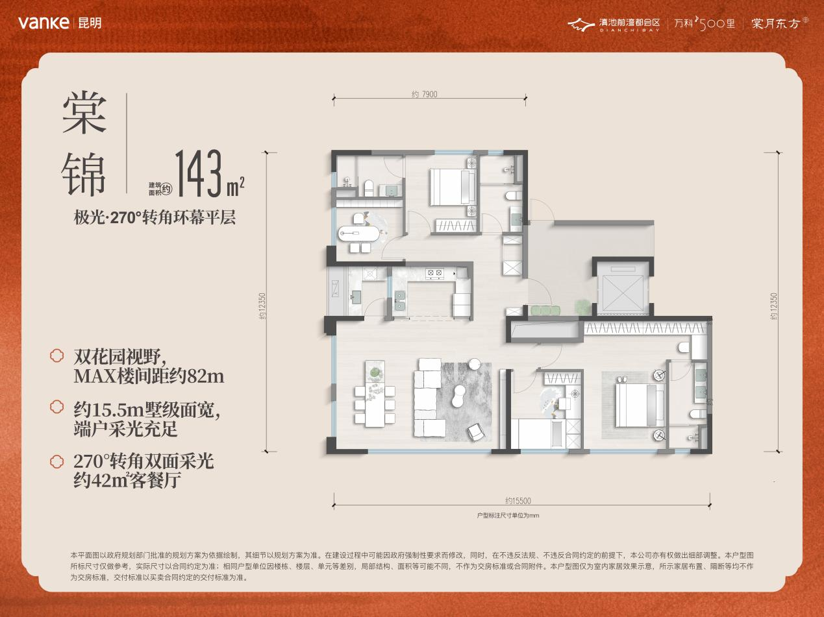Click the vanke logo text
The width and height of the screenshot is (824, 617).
(x=44, y=23)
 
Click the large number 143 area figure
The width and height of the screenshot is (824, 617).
(x=199, y=173)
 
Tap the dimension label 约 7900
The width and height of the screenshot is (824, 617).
(x=425, y=94)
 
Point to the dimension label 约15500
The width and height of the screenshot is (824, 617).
(x=518, y=501)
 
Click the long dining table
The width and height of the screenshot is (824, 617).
(x=375, y=393)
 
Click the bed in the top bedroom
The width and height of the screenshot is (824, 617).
(x=453, y=187)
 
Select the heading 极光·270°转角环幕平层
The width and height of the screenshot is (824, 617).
(x=155, y=217)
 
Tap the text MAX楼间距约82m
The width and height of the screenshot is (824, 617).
(x=149, y=376)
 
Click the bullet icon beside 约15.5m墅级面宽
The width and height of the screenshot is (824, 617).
(x=56, y=407)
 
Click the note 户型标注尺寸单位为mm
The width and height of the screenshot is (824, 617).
(x=508, y=515)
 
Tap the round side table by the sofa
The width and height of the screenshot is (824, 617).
(x=475, y=363)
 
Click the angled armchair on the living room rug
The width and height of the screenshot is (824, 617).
(x=475, y=432)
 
